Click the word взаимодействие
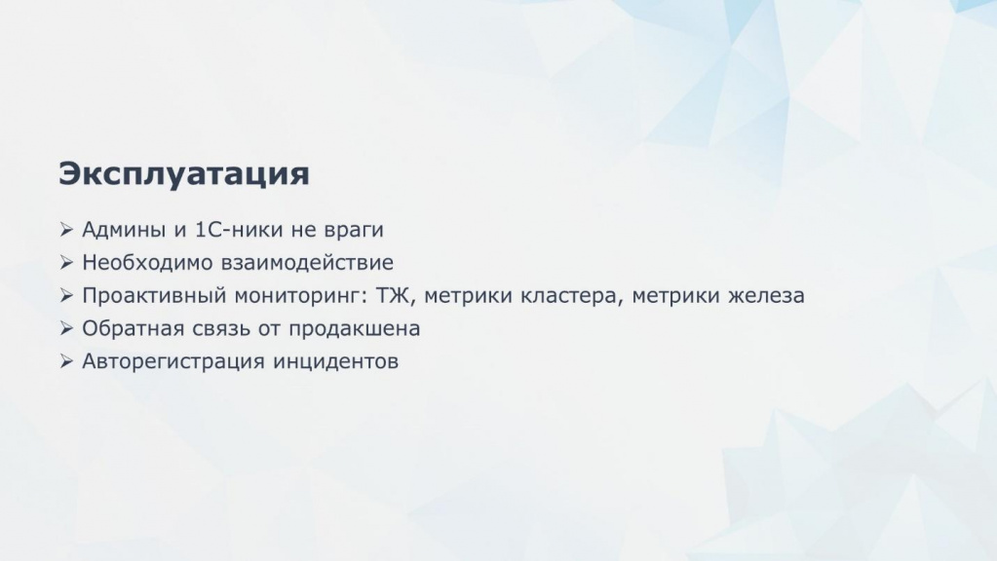307,262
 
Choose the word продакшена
354,329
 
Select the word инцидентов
335,362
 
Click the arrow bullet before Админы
66,229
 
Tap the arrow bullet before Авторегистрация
66,361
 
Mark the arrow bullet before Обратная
66,328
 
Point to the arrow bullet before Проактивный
66,295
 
